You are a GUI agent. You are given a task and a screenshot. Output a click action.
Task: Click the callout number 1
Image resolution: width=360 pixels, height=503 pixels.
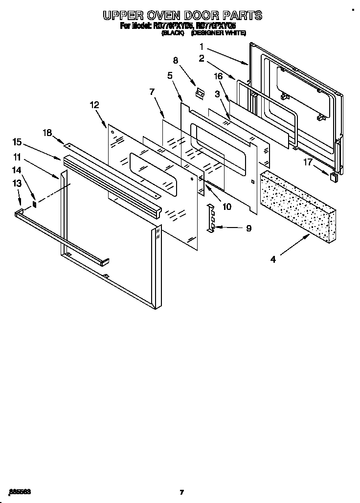201,47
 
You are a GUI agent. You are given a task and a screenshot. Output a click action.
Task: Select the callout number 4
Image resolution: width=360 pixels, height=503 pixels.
273,260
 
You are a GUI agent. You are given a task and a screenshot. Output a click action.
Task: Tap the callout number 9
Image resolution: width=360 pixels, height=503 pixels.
248,228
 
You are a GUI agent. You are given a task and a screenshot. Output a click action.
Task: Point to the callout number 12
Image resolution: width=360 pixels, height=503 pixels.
94,105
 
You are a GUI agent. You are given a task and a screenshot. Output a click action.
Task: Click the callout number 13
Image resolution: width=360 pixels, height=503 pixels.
17,183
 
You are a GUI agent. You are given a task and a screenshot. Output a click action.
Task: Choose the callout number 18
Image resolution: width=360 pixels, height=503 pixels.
47,132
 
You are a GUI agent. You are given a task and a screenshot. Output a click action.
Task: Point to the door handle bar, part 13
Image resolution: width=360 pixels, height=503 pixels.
59,235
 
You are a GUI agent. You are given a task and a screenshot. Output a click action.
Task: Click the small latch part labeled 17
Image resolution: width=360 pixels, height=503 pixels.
334,177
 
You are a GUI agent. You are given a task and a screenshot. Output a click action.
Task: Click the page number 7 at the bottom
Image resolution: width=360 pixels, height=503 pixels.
181,492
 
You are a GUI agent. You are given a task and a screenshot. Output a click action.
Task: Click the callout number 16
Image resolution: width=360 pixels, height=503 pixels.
218,76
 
